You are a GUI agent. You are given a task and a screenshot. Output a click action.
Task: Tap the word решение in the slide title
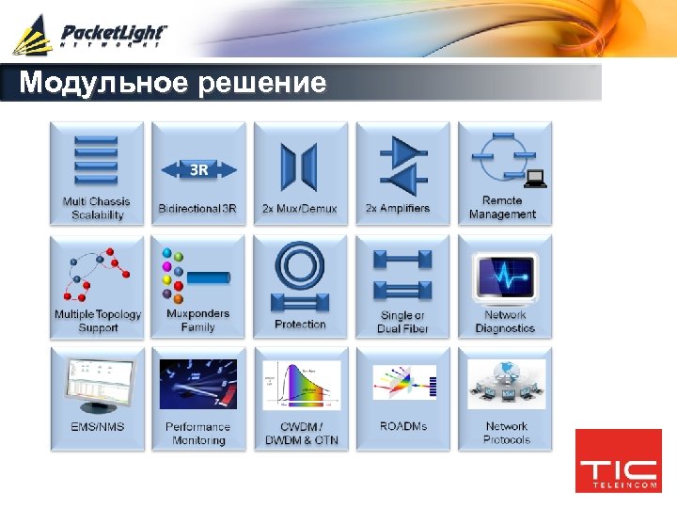coord(262,84)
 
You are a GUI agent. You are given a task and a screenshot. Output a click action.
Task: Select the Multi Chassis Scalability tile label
coord(97,208)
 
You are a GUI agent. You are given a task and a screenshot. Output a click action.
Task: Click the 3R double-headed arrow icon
coord(198,170)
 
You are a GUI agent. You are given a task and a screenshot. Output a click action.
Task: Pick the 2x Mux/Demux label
coord(300,208)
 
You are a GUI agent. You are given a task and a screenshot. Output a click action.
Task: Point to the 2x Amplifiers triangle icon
coord(402,167)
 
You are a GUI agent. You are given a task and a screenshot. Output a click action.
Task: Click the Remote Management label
coord(503,207)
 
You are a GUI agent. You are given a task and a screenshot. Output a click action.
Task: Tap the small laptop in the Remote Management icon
coord(536,177)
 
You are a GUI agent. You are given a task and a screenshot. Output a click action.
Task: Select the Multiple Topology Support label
coord(98,321)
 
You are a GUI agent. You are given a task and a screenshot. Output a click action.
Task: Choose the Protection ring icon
coord(300,274)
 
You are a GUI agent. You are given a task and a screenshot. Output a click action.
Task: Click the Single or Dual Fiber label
coord(402,322)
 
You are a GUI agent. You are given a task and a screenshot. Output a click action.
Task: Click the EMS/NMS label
coord(98,426)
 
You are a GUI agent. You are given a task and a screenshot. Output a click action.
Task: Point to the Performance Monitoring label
coord(198,433)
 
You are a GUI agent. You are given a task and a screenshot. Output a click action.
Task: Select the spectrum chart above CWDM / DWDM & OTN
coord(301,385)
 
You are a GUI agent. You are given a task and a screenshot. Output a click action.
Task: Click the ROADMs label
coord(402,426)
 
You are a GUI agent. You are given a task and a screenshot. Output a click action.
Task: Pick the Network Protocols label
coord(506,433)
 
